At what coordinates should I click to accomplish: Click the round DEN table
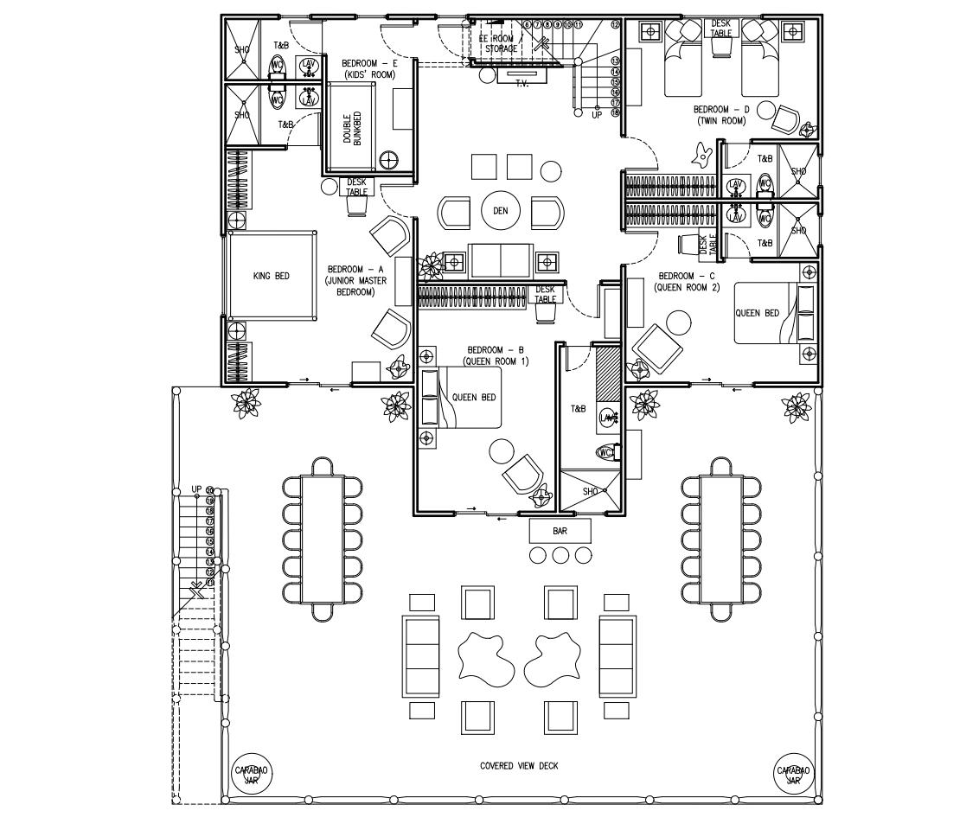pyautogui.click(x=501, y=211)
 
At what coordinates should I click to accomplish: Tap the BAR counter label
pyautogui.click(x=560, y=530)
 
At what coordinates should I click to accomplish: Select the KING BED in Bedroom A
pyautogui.click(x=271, y=276)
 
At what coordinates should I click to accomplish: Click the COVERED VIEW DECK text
pyautogui.click(x=519, y=766)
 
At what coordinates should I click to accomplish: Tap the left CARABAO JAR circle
pyautogui.click(x=252, y=774)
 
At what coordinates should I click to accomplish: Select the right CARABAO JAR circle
pyautogui.click(x=793, y=774)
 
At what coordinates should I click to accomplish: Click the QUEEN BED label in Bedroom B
pyautogui.click(x=475, y=397)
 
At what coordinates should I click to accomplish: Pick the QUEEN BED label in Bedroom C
pyautogui.click(x=757, y=313)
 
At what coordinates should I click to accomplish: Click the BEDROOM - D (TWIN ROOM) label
pyautogui.click(x=721, y=115)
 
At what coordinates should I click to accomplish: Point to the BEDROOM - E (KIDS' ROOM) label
pyautogui.click(x=369, y=69)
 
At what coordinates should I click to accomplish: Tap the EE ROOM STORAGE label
pyautogui.click(x=501, y=44)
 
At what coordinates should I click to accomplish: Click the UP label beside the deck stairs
pyautogui.click(x=196, y=489)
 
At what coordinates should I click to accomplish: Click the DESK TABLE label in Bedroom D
pyautogui.click(x=721, y=29)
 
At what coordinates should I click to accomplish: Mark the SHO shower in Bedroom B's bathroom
pyautogui.click(x=591, y=491)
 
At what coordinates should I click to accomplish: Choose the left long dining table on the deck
pyautogui.click(x=323, y=539)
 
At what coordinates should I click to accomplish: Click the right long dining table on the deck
pyautogui.click(x=721, y=539)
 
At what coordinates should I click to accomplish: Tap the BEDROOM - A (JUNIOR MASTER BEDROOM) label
pyautogui.click(x=356, y=281)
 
